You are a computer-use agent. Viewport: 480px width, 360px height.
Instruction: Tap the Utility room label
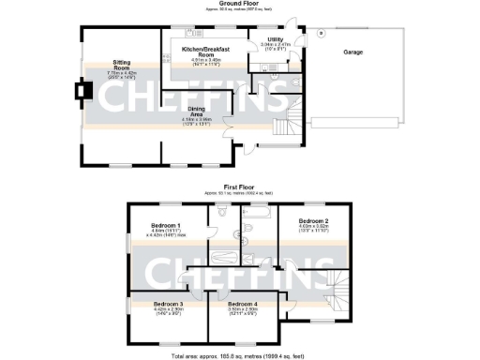[276, 38]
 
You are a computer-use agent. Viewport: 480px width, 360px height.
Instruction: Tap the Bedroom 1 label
[170, 224]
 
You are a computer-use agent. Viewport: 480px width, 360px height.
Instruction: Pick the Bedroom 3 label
[168, 303]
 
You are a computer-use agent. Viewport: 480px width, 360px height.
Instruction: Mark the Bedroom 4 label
[242, 303]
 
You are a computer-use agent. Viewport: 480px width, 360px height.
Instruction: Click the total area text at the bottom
[240, 354]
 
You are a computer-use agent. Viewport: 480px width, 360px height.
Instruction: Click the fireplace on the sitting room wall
[80, 92]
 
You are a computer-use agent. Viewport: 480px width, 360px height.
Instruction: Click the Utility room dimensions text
[276, 46]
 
